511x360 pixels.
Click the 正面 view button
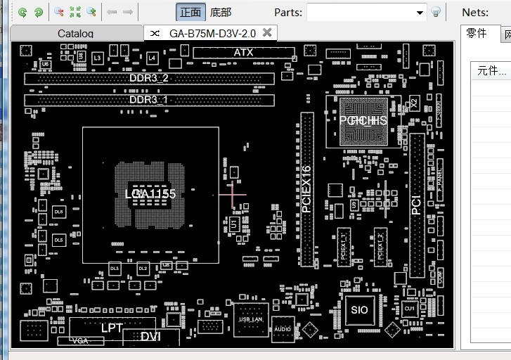click(190, 12)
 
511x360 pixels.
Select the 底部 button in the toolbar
click(221, 12)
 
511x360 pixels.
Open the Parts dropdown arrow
click(420, 12)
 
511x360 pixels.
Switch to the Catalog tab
click(75, 33)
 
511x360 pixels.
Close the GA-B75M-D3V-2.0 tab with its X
click(266, 32)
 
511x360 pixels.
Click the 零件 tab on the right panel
click(477, 34)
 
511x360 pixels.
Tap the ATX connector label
click(243, 53)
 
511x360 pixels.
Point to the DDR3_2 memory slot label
click(149, 78)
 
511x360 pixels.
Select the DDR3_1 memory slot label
click(149, 100)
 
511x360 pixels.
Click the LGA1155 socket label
click(150, 194)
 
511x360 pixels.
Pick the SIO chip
click(359, 309)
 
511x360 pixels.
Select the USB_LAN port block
click(251, 319)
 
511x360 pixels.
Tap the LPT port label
click(112, 328)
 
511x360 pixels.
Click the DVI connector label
click(150, 337)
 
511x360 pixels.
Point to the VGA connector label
click(81, 341)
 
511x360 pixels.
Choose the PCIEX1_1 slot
click(344, 246)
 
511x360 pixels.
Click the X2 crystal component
click(414, 103)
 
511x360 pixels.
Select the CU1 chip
click(409, 309)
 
